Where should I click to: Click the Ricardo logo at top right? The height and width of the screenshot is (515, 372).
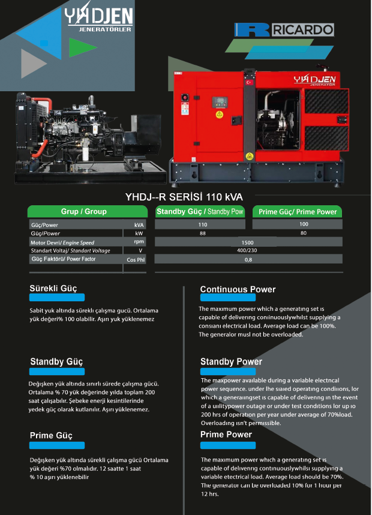284,30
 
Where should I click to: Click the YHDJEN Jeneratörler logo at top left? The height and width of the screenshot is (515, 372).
100,19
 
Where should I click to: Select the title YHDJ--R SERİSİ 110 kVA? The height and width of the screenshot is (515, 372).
184,196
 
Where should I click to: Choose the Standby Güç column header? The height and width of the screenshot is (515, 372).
200,211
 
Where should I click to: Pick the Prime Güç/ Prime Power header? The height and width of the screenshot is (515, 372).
298,212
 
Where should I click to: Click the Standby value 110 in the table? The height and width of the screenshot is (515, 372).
203,224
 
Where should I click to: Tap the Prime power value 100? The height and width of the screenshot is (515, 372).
304,224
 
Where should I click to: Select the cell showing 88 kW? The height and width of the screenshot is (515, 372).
203,233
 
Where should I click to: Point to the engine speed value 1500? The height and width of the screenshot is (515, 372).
248,242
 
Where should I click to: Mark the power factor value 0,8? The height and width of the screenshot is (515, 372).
248,259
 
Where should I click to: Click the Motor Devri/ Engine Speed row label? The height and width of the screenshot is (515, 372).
62,242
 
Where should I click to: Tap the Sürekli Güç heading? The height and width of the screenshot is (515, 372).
53,289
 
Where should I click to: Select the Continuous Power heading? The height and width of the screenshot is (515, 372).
238,289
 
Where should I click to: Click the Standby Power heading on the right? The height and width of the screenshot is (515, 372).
231,362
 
